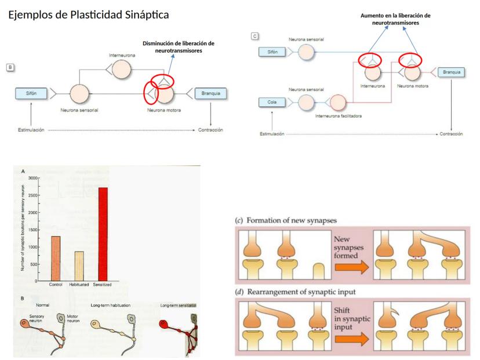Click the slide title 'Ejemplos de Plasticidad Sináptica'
pos(88,14)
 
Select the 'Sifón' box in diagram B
pos(32,93)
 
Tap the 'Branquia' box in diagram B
pos(210,93)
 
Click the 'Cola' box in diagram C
pos(272,103)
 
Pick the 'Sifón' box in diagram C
pos(272,52)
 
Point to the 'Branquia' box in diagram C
pos(451,72)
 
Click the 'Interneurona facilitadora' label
pos(339,117)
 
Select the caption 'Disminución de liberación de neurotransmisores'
pos(179,47)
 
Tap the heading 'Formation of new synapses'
pos(286,220)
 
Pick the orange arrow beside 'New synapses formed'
pos(352,267)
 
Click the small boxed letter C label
pos(254,36)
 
